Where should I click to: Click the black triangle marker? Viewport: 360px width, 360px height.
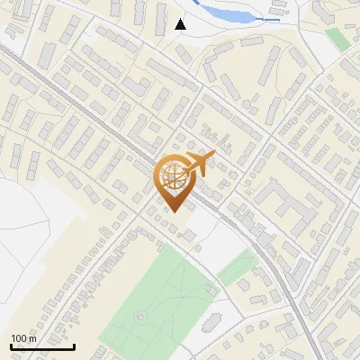pyautogui.click(x=181, y=24)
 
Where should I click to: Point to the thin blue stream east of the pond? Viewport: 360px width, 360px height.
pyautogui.click(x=270, y=18)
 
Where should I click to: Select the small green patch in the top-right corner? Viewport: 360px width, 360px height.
pyautogui.click(x=337, y=38)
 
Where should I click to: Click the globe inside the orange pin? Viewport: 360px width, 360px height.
pyautogui.click(x=174, y=175)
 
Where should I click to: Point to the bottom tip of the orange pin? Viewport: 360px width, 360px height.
pyautogui.click(x=174, y=211)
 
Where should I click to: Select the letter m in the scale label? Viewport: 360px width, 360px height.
pyautogui.click(x=32, y=338)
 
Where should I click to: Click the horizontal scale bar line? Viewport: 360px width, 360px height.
pyautogui.click(x=42, y=346)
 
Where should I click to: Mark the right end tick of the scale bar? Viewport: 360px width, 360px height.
pyautogui.click(x=74, y=345)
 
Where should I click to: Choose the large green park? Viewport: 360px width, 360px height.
pyautogui.click(x=153, y=297)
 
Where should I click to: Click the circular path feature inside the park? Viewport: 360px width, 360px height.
pyautogui.click(x=140, y=317)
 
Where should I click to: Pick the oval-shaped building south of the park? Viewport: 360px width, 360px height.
pyautogui.click(x=210, y=323)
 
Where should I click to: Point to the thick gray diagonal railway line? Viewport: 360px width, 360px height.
pyautogui.click(x=90, y=117)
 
